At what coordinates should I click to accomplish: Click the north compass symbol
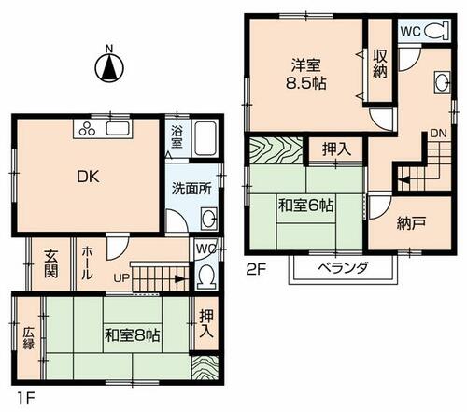(109, 66)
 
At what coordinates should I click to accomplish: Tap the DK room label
(88, 177)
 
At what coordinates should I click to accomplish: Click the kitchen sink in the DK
(118, 128)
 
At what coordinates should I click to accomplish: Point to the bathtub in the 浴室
(205, 138)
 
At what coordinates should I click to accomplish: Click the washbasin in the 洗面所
(208, 218)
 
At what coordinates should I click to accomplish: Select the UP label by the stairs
(121, 277)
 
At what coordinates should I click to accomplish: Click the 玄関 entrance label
(50, 264)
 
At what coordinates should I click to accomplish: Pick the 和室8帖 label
(133, 336)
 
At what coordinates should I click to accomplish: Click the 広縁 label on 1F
(28, 338)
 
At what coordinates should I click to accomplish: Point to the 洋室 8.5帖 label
(306, 75)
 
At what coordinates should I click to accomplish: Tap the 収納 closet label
(380, 64)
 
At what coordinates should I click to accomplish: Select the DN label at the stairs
(438, 134)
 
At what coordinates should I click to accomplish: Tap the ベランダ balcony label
(344, 267)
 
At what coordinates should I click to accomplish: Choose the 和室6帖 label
(305, 206)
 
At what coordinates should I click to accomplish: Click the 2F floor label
(256, 270)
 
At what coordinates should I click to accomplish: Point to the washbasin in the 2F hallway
(442, 82)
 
